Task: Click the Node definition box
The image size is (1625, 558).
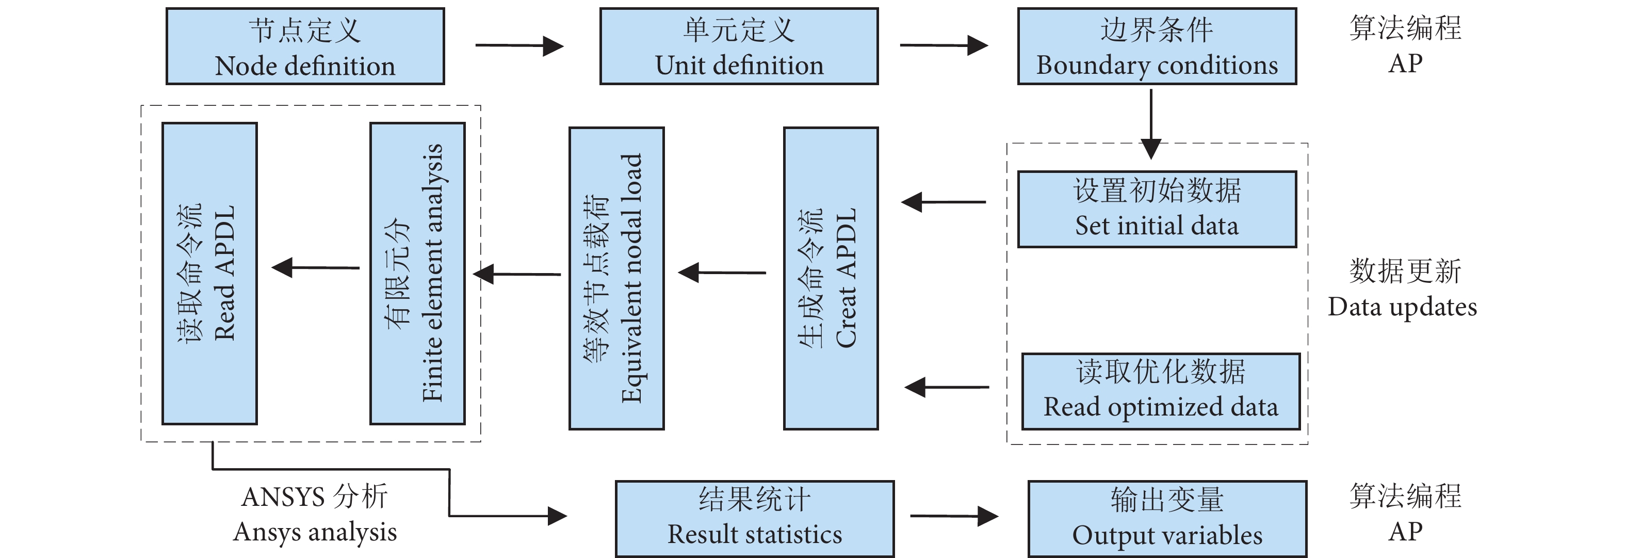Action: [305, 46]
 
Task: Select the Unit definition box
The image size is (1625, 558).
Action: [739, 46]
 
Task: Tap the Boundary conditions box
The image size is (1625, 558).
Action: [1157, 46]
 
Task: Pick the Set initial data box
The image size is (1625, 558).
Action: [1157, 209]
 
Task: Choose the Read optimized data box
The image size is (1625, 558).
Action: [1161, 391]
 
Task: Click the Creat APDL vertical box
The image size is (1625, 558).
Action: [831, 278]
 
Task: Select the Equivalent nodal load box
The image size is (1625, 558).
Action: [616, 278]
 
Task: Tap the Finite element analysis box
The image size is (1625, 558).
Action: [418, 273]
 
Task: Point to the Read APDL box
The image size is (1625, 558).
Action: [209, 273]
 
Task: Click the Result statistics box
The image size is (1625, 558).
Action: [754, 519]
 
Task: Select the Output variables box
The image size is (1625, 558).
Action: [1167, 519]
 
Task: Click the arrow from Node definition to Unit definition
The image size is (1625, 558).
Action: [518, 45]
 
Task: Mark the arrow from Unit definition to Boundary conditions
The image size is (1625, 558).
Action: [943, 45]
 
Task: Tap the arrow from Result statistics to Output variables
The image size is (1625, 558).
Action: [953, 516]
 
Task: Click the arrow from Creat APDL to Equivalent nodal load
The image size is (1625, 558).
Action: [722, 273]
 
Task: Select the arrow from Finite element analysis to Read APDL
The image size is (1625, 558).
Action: [315, 267]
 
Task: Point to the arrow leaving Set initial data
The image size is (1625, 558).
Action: [943, 202]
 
